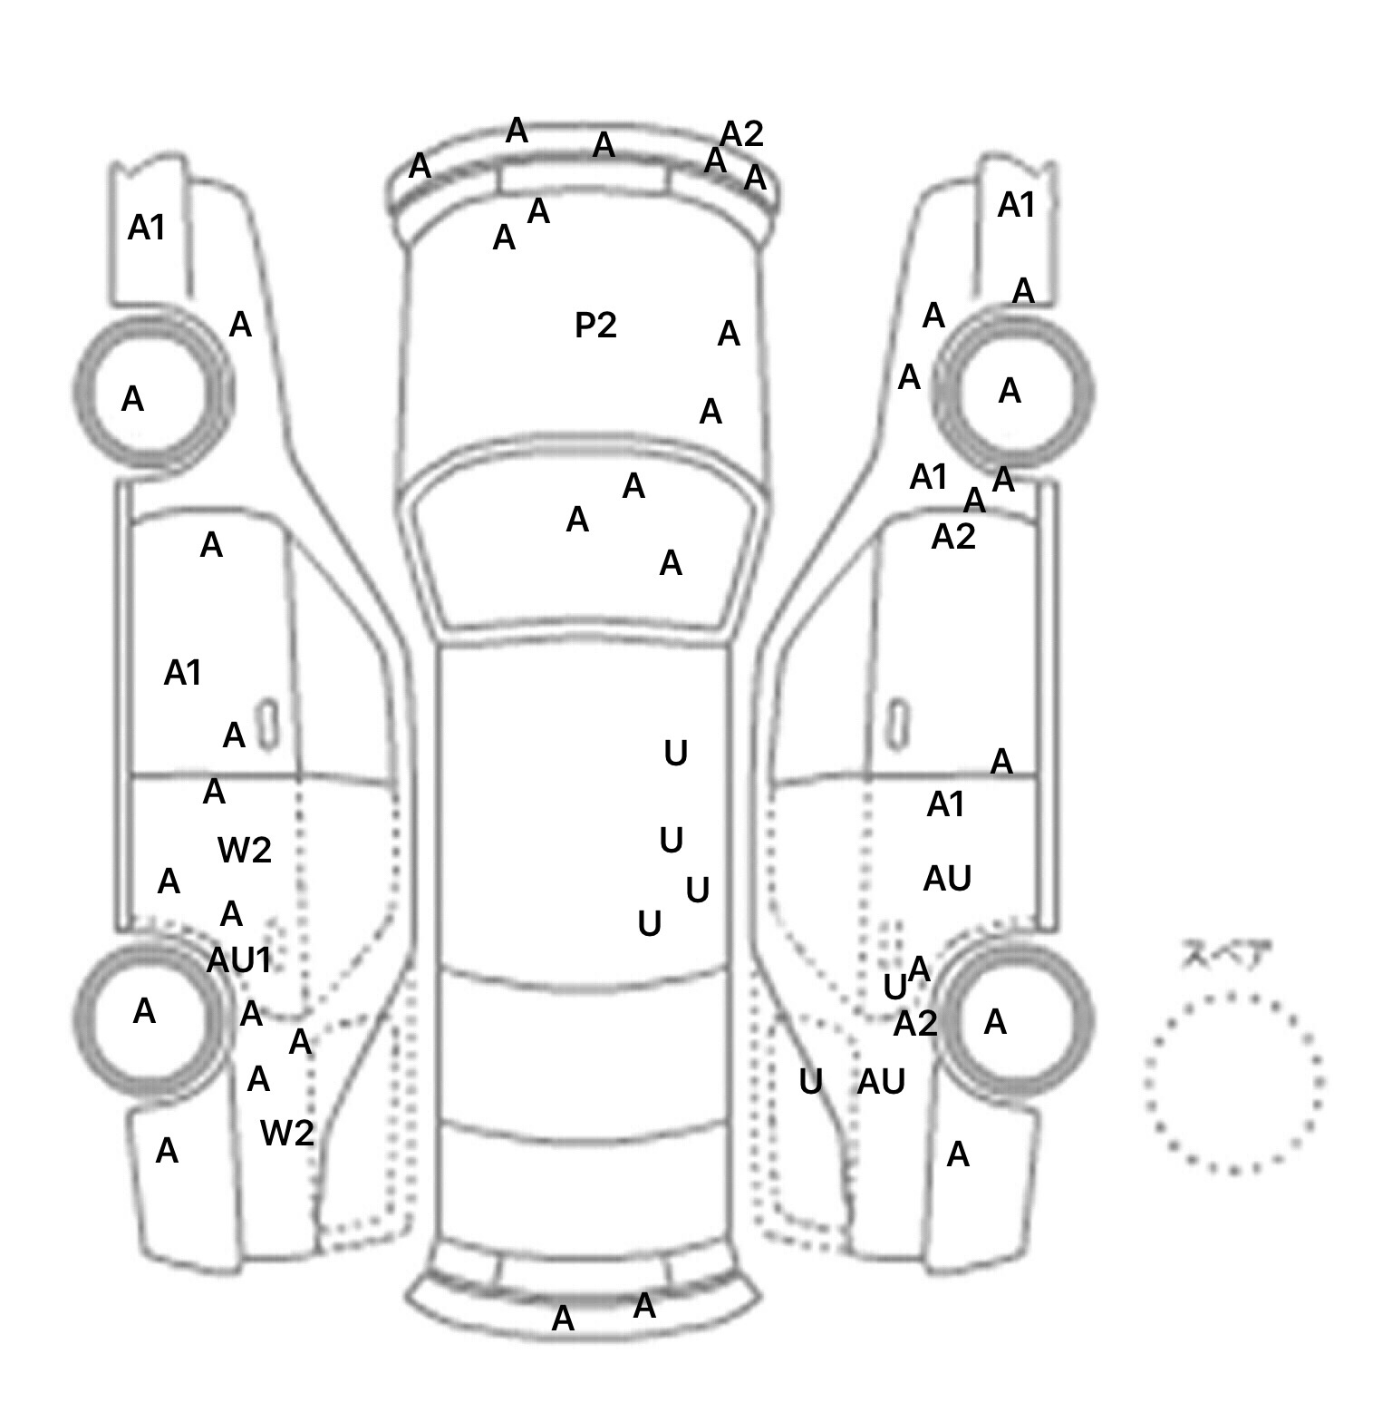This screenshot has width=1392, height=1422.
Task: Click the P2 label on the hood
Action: coord(595,325)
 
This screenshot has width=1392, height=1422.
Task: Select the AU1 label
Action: coord(239,959)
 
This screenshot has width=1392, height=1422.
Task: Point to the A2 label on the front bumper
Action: coord(741,134)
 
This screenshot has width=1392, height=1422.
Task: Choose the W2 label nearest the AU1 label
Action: coord(245,850)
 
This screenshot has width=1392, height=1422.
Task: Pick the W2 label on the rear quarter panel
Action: coord(286,1132)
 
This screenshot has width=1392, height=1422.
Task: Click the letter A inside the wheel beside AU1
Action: coord(144,1010)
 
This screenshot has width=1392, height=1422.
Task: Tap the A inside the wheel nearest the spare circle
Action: coord(995,1022)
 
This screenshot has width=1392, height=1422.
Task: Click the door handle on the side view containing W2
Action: coord(267,725)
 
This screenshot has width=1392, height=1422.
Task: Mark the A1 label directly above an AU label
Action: coord(945,804)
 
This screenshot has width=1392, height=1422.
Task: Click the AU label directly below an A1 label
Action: coord(947,878)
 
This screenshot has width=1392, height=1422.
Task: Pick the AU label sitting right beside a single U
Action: coord(881,1081)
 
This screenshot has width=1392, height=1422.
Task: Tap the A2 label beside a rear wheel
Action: coord(914,1024)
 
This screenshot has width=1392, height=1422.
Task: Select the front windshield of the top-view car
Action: coord(585,544)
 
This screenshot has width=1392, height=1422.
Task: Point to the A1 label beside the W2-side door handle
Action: coord(182,673)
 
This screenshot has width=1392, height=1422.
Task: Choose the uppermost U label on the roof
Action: coord(675,753)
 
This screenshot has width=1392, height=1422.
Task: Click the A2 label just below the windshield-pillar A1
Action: coord(953,537)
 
